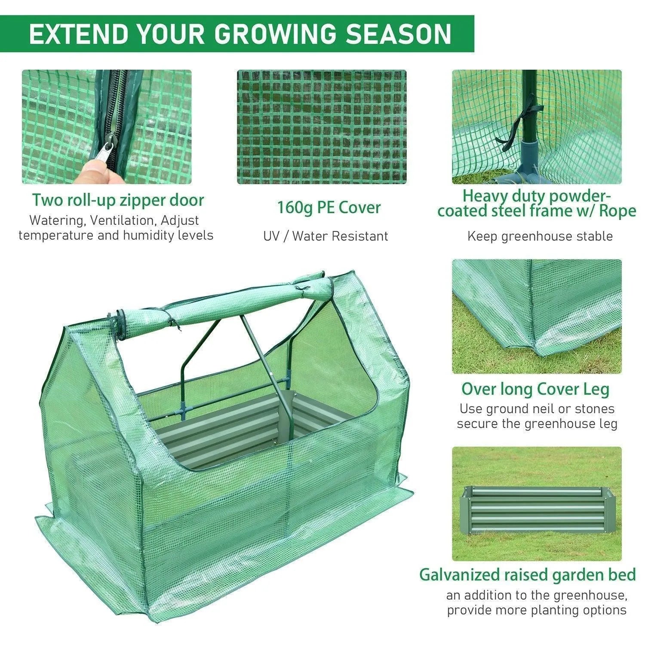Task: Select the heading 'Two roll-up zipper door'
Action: click(x=118, y=200)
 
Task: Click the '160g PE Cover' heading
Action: click(x=329, y=208)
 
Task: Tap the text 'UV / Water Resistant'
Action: click(x=326, y=236)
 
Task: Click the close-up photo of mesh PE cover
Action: click(x=321, y=127)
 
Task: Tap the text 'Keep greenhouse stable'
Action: click(x=540, y=236)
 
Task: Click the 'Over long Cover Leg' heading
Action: click(x=535, y=389)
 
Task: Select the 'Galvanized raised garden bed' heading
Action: click(x=527, y=575)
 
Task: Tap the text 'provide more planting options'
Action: click(x=536, y=610)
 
